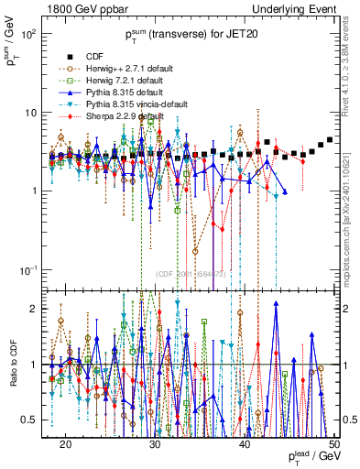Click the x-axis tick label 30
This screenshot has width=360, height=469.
tap(156, 443)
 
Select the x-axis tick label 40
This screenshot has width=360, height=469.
tap(245, 443)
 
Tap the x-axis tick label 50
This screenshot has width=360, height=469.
tap(334, 443)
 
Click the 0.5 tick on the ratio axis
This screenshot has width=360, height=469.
tap(37, 420)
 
